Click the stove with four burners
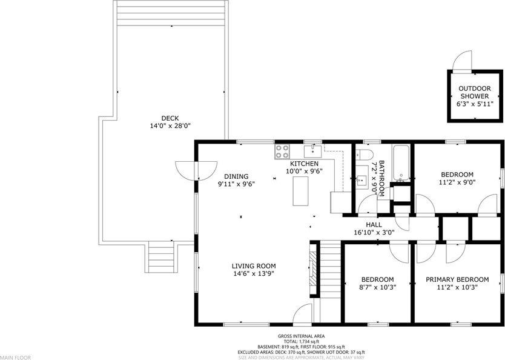click(x=282, y=151)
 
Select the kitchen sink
click(x=312, y=150)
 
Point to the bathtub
click(x=401, y=164)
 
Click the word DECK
click(x=170, y=118)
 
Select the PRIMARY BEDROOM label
click(x=457, y=279)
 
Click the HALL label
click(x=374, y=224)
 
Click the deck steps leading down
click(x=161, y=257)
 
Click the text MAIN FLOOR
click(x=15, y=357)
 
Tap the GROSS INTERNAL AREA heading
click(x=302, y=336)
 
